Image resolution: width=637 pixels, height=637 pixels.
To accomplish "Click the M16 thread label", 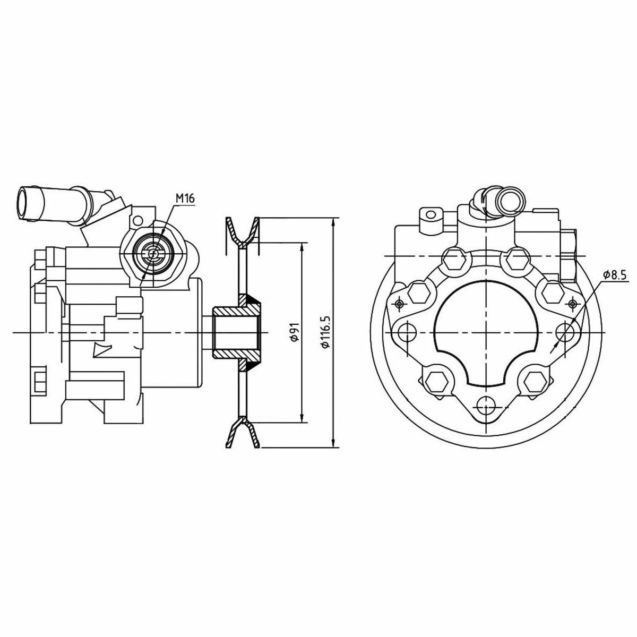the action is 185,199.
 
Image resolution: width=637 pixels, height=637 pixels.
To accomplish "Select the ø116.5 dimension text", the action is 325,332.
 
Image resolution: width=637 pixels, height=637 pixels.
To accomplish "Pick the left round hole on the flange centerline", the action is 408,332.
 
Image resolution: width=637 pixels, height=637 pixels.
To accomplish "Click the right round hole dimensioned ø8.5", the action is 565,332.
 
